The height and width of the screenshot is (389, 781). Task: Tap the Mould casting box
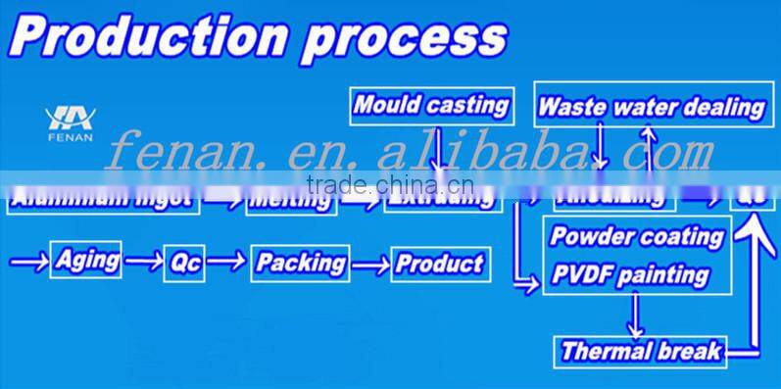431,105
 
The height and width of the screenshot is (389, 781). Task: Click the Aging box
87,260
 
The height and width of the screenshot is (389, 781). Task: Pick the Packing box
301,263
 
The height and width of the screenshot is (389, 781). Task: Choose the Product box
438,264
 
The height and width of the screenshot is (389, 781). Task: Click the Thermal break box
642,350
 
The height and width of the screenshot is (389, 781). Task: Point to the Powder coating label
636,236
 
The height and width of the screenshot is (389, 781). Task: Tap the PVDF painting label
628,273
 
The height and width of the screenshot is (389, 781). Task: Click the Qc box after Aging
185,264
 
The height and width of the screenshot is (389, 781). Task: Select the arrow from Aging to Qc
143,262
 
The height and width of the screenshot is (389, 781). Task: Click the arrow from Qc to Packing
227,263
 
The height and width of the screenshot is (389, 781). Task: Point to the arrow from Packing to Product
370,264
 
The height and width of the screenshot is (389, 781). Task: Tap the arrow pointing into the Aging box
27,261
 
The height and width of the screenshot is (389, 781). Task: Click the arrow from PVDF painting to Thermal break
638,315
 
